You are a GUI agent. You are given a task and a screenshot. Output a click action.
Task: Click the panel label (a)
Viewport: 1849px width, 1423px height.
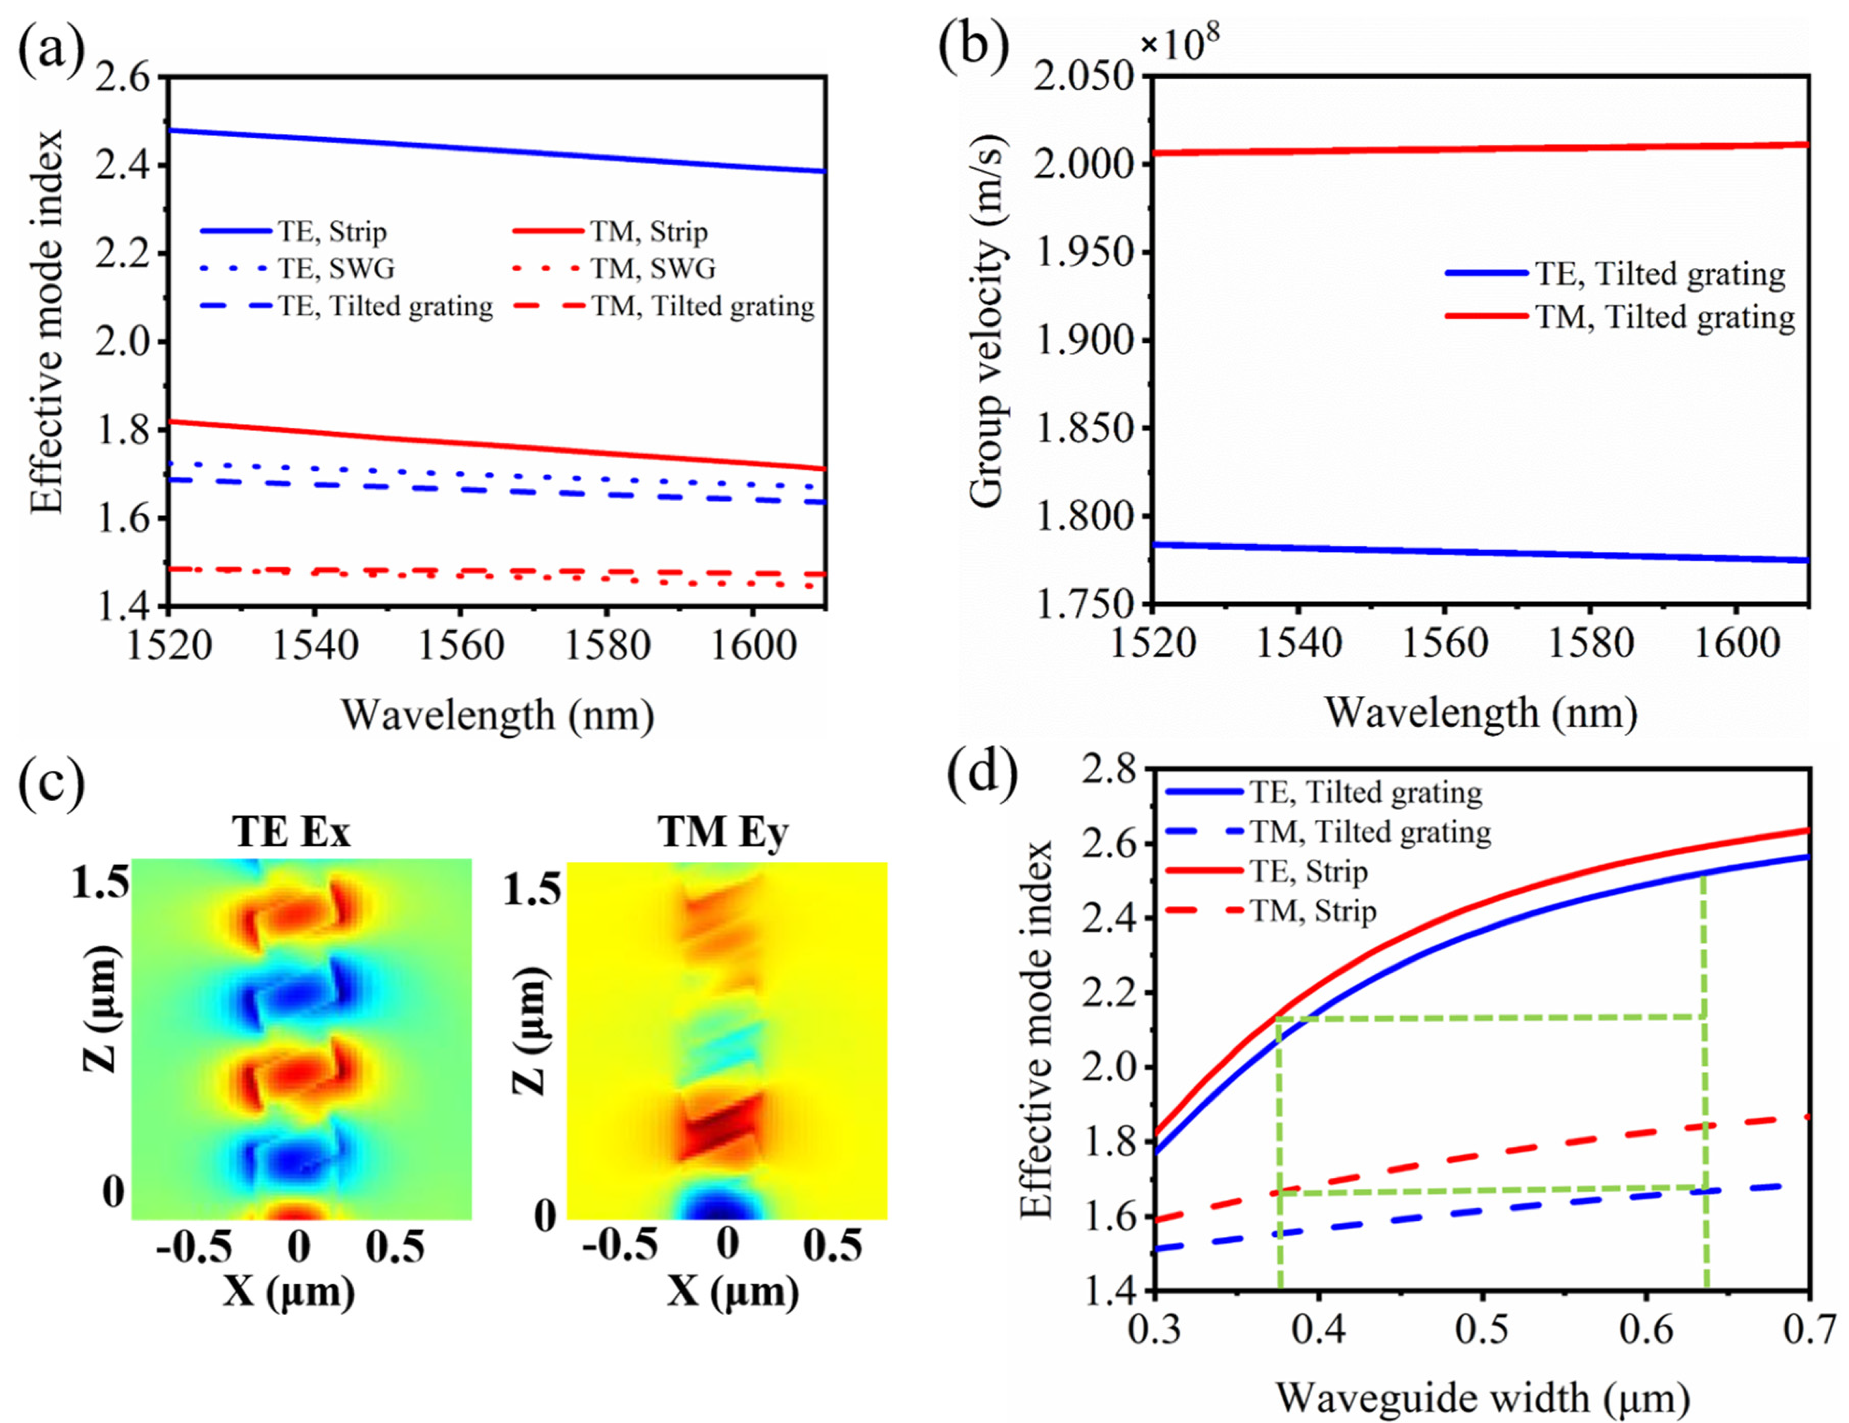51,52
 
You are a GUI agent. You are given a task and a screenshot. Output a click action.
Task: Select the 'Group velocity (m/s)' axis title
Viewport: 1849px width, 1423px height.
986,322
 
